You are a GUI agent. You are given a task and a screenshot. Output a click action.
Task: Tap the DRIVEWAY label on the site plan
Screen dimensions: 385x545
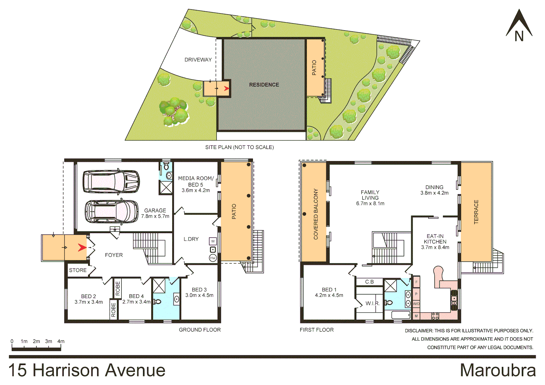198,60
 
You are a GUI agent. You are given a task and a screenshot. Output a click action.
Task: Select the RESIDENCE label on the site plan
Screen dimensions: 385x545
264,85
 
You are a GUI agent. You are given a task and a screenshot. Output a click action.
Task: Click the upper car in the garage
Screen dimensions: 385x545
111,181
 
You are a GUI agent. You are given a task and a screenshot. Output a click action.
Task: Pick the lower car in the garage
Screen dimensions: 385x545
111,212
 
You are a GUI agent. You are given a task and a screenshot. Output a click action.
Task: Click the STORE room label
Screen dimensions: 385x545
78,270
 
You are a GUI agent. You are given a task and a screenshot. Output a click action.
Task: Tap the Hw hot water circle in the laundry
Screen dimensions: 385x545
213,258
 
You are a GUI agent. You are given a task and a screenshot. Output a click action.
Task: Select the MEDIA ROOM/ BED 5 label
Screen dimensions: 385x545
196,181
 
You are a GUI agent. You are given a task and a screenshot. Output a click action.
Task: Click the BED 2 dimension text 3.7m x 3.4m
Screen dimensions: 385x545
88,302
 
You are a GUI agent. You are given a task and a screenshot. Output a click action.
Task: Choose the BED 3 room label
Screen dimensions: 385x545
199,289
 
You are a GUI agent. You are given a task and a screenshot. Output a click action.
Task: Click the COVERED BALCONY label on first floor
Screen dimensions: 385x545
316,214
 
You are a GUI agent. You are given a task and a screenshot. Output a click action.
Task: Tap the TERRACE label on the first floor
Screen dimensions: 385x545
476,212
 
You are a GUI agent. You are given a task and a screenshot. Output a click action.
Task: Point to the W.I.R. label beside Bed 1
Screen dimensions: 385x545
372,303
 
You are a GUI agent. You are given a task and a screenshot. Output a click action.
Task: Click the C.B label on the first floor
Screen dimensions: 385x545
370,282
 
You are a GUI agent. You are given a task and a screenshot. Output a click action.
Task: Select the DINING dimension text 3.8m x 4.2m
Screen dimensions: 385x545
434,193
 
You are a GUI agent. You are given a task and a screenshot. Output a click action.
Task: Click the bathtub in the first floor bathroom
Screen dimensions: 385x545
401,315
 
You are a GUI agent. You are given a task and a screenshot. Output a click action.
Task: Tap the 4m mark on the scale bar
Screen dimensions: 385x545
61,342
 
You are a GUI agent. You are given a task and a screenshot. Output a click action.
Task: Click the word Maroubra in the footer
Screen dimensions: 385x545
498,370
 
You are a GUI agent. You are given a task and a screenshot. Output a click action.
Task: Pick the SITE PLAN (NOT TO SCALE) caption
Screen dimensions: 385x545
239,147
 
